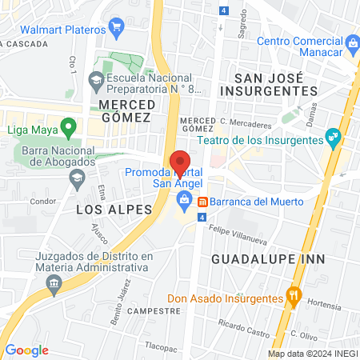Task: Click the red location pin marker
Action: [x=180, y=163]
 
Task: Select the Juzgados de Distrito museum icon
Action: [x=54, y=282]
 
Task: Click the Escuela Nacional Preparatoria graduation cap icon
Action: [x=96, y=80]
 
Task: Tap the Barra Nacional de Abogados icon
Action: [x=77, y=176]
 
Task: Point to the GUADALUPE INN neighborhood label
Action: [x=257, y=259]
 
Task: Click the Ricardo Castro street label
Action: [x=242, y=329]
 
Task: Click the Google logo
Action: [x=26, y=350]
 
